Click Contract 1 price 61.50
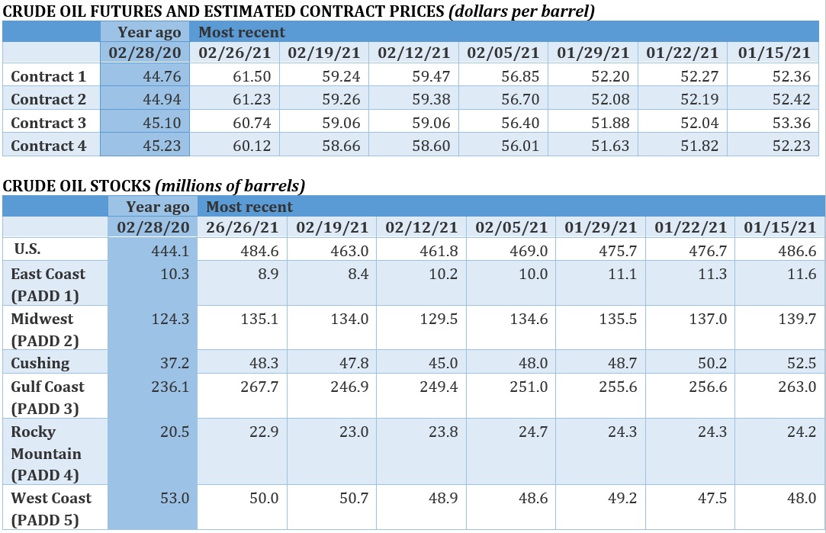(x=251, y=76)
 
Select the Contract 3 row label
(x=49, y=123)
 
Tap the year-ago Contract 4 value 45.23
(x=161, y=146)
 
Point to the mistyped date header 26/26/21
(x=243, y=227)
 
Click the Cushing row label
(x=40, y=363)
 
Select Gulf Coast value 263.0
(x=796, y=387)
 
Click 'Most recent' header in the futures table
(x=242, y=32)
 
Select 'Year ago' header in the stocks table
(x=157, y=207)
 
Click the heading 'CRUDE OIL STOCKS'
(x=77, y=185)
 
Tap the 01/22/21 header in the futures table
(x=683, y=53)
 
